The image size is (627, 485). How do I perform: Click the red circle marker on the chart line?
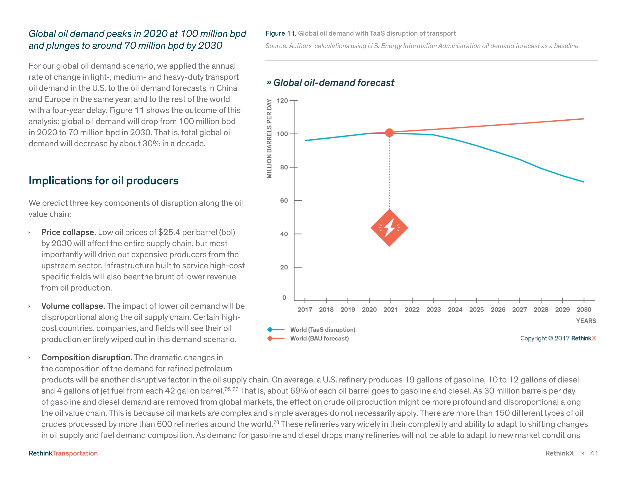389,133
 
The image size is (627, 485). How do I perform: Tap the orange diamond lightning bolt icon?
389,227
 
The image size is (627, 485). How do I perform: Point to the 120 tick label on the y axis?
282,101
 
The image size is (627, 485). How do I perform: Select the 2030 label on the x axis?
584,309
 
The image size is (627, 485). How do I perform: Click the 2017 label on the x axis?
305,309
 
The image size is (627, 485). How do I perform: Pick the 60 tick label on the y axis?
284,200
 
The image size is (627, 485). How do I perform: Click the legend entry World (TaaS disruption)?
322,330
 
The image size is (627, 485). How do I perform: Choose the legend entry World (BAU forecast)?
319,339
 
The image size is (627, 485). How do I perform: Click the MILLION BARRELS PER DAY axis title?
269,138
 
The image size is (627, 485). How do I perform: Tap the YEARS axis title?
586,321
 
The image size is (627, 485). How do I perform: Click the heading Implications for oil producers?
103,180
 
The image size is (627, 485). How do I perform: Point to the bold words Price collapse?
68,232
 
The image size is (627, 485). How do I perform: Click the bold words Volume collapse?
73,306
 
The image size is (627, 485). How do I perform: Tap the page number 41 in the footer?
594,453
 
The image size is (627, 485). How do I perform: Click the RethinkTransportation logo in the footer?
63,453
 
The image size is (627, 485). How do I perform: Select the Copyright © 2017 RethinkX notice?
558,338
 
